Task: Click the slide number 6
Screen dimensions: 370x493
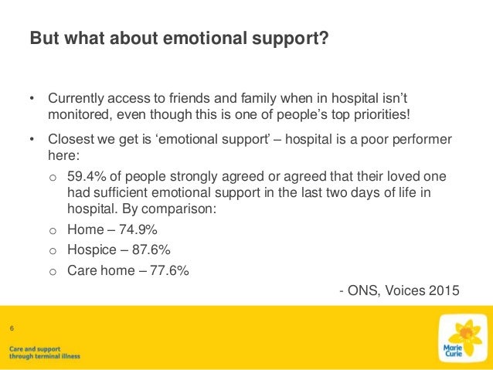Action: click(12, 329)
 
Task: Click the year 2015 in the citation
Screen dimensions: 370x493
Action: click(443, 291)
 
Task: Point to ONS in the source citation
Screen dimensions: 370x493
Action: click(362, 291)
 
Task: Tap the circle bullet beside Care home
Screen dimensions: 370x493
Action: click(53, 271)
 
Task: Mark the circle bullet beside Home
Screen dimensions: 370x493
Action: click(53, 230)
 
